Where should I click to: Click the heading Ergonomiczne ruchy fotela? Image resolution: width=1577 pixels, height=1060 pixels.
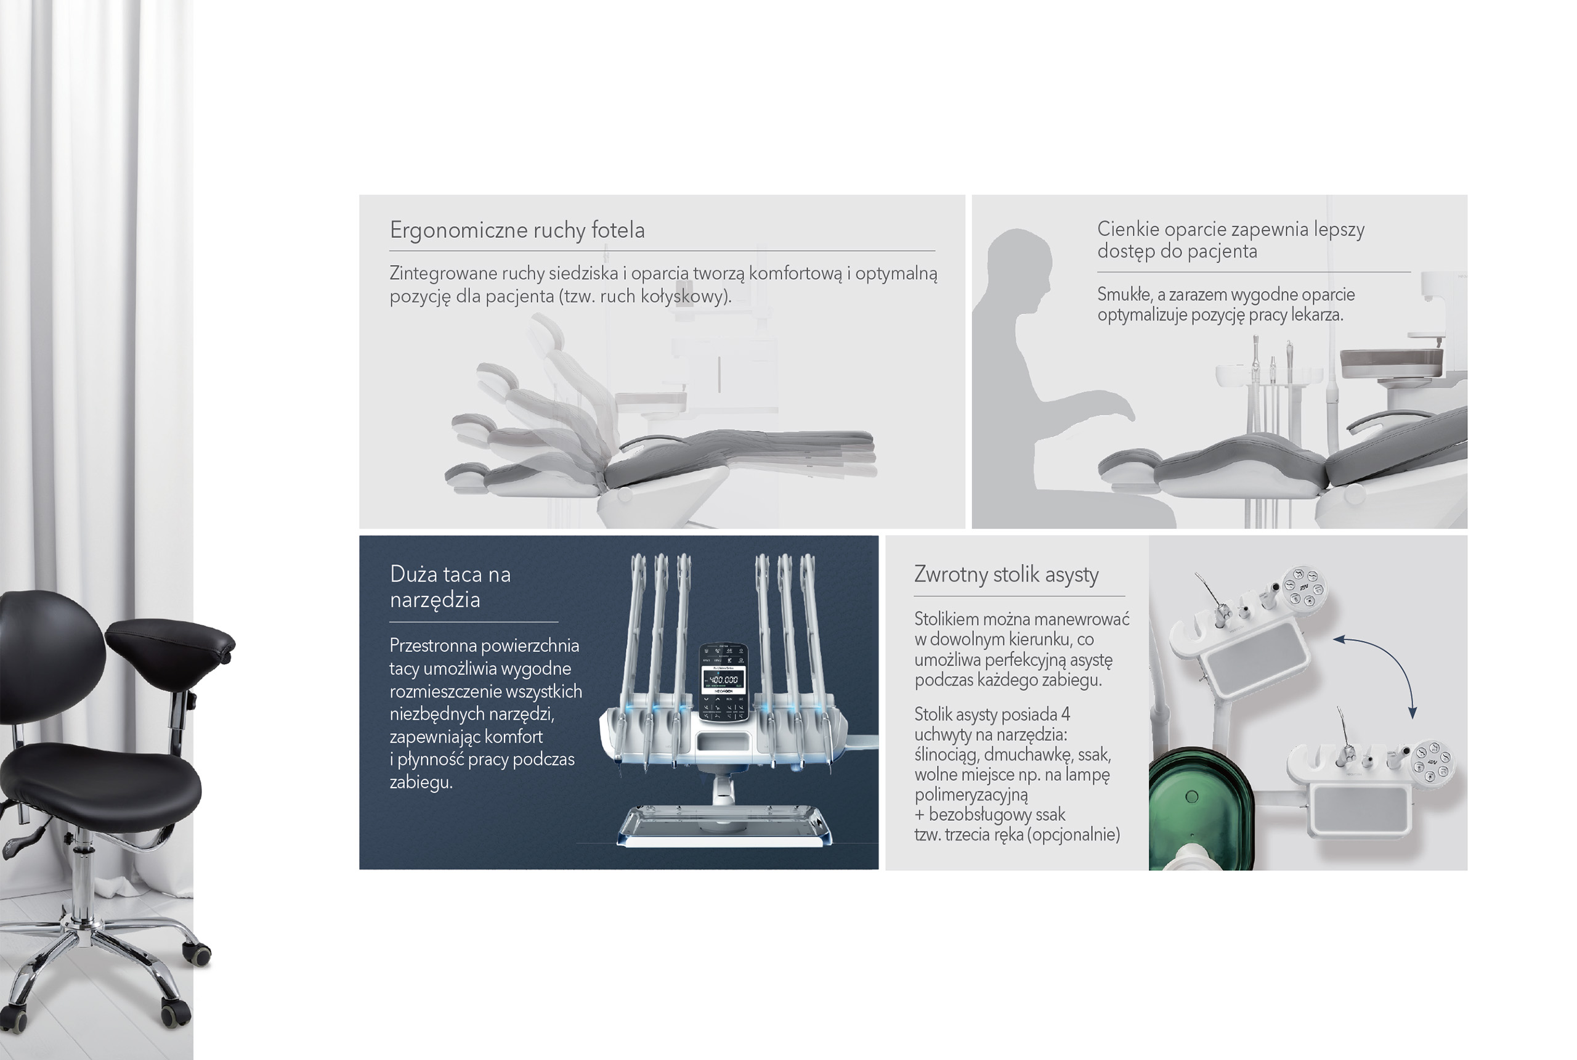(517, 230)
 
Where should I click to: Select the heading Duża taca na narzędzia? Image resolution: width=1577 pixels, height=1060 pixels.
(450, 587)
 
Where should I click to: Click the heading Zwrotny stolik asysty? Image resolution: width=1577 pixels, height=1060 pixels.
(1006, 574)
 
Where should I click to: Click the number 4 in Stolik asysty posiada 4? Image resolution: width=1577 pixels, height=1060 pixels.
(1066, 714)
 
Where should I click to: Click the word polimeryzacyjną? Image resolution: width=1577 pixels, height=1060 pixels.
(971, 795)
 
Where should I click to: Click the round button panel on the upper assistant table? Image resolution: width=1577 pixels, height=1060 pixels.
(1302, 587)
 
